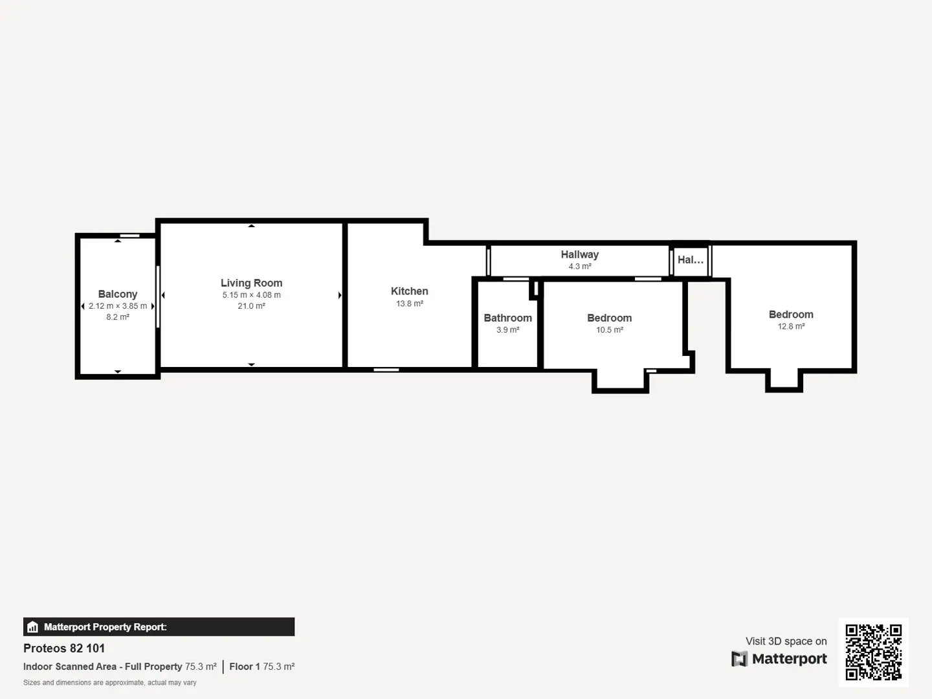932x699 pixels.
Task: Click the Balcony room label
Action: (118, 294)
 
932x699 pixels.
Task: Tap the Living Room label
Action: (251, 283)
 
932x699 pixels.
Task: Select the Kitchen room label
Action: (409, 291)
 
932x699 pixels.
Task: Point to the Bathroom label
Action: (508, 318)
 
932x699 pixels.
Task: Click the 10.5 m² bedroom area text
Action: (610, 330)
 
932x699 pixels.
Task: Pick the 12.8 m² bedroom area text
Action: (791, 326)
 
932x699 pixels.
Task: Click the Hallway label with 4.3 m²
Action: (579, 254)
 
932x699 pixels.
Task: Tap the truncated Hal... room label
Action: (691, 260)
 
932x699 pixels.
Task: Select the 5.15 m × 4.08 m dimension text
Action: (251, 295)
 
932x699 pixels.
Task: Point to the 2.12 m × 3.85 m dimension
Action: (118, 306)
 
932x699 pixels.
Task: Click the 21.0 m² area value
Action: (251, 306)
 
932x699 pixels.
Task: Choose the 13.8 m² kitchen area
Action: (409, 304)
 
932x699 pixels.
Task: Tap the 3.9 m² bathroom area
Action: (508, 330)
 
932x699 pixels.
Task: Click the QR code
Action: (873, 652)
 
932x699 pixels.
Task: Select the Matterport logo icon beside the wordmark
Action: (739, 659)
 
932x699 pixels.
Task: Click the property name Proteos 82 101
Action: (64, 648)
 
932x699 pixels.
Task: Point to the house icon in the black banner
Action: (33, 627)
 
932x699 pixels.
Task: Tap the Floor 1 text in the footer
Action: (245, 667)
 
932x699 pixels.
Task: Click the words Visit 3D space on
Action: (786, 641)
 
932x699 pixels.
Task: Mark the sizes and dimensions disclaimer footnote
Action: (109, 682)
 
